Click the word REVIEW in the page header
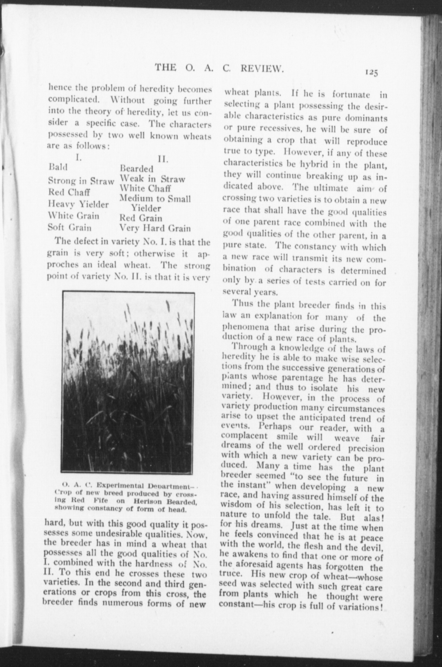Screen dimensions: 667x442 coord(262,68)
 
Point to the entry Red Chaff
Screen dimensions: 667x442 coord(69,192)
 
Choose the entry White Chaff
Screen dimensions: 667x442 coord(145,189)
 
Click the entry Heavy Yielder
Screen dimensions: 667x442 coord(78,204)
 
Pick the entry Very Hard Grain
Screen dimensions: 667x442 coord(155,228)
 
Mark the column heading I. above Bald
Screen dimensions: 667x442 coord(78,157)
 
